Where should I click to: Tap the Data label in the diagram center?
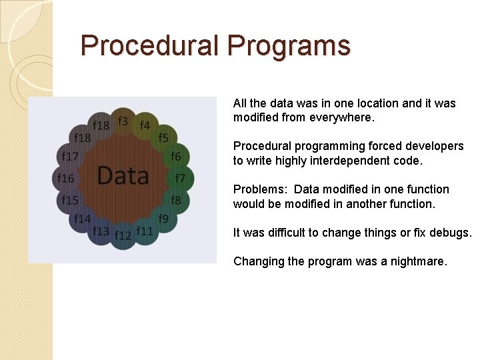[x=123, y=175]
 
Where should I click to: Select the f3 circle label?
[x=123, y=121]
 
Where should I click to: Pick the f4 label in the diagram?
[x=145, y=125]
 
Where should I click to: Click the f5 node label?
[x=163, y=138]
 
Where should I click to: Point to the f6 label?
[x=175, y=157]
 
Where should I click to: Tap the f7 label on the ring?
[x=180, y=178]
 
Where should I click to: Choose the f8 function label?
[x=175, y=200]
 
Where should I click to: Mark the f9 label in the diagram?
[x=163, y=219]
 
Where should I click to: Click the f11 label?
[x=145, y=231]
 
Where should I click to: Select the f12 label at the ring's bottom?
[x=123, y=235]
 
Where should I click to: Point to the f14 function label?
[x=83, y=219]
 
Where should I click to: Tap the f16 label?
[x=65, y=178]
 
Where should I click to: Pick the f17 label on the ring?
[x=70, y=157]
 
